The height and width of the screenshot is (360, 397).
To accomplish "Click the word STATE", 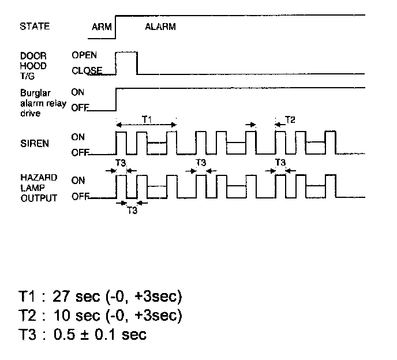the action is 35,27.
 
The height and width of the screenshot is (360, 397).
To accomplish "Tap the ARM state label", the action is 101,27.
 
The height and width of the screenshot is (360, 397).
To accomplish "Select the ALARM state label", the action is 160,27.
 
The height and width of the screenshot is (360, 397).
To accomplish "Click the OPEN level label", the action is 84,55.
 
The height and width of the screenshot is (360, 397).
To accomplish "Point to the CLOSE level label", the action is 87,71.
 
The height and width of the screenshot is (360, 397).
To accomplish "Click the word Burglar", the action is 33,92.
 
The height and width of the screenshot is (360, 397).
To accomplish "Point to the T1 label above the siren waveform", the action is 146,119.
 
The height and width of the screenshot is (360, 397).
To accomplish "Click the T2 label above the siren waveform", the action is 290,120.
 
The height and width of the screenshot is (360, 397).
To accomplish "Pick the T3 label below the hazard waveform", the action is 132,211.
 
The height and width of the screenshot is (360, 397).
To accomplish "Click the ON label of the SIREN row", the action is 78,137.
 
